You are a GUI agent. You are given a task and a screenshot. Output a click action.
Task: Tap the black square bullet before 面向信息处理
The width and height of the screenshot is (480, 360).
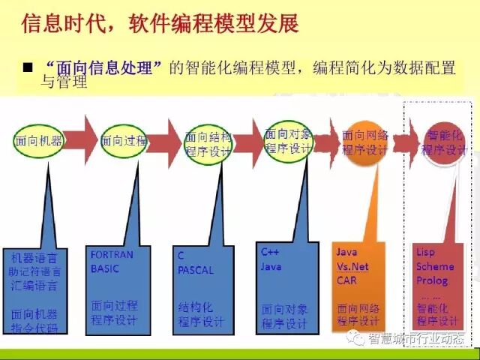click(29, 68)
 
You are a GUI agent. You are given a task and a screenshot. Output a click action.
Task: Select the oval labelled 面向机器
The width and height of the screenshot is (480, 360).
click(37, 140)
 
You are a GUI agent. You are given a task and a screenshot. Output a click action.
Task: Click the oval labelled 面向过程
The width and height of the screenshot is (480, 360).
click(124, 140)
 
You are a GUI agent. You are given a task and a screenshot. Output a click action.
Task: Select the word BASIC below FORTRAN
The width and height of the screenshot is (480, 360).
click(105, 268)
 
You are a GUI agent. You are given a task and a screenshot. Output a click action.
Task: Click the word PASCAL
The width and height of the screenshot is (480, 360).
click(196, 270)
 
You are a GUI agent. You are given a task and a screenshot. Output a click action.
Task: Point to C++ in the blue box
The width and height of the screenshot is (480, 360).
click(270, 251)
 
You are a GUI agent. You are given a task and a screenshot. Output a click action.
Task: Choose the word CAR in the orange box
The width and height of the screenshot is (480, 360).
click(346, 280)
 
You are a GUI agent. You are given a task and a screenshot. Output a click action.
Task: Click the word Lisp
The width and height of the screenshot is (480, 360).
click(426, 252)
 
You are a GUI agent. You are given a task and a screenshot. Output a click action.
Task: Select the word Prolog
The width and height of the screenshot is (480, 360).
click(431, 280)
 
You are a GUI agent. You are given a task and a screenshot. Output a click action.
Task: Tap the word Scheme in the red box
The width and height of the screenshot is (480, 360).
click(434, 266)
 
